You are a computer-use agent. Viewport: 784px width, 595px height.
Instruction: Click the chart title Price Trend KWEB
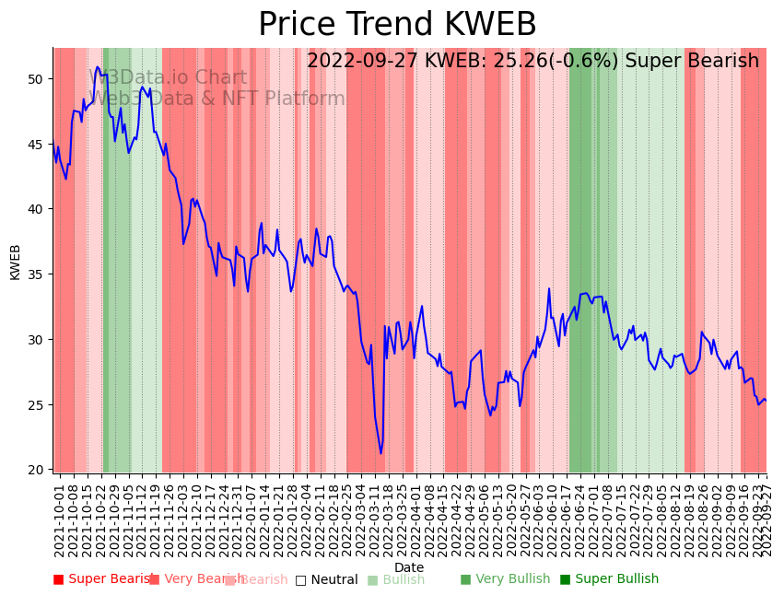click(x=397, y=25)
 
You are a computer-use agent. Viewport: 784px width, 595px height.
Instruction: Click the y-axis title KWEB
click(x=16, y=262)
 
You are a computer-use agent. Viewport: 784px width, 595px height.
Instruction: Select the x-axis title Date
click(x=409, y=568)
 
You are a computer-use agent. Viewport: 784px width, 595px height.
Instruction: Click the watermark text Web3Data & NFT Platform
click(x=217, y=99)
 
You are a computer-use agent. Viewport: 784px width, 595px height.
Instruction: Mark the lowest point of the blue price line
click(x=380, y=453)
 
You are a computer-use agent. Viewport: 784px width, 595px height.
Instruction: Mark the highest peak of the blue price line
click(x=99, y=66)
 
